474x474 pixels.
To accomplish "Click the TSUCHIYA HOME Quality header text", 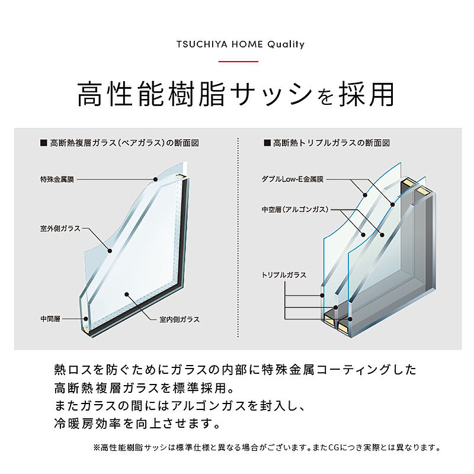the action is click(241, 44).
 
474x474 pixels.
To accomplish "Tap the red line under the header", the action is click(238, 62).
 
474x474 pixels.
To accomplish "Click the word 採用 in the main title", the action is click(366, 94).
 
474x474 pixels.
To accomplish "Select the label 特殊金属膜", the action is click(57, 180).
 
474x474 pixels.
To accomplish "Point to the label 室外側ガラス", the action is click(60, 228).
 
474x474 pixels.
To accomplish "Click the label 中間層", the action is click(50, 319).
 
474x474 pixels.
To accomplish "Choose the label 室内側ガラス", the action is click(180, 319).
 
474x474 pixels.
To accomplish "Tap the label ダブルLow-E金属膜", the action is click(293, 179).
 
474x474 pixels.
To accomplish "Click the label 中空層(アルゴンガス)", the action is click(295, 209).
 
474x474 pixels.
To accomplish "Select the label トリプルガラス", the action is click(284, 275).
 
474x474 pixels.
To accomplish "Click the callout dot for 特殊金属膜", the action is click(155, 180).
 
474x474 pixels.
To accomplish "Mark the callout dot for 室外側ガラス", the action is click(110, 251).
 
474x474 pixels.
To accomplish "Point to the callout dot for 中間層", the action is click(86, 319).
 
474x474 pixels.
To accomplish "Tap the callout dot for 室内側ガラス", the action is click(127, 294).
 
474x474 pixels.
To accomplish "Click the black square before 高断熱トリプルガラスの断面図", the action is click(267, 143).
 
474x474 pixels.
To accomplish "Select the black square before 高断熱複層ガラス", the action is click(43, 143).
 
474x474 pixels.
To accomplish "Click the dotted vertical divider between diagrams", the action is click(238, 238).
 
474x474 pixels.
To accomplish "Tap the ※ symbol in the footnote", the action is click(97, 447).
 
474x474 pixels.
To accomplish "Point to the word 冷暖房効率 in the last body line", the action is click(87, 424).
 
